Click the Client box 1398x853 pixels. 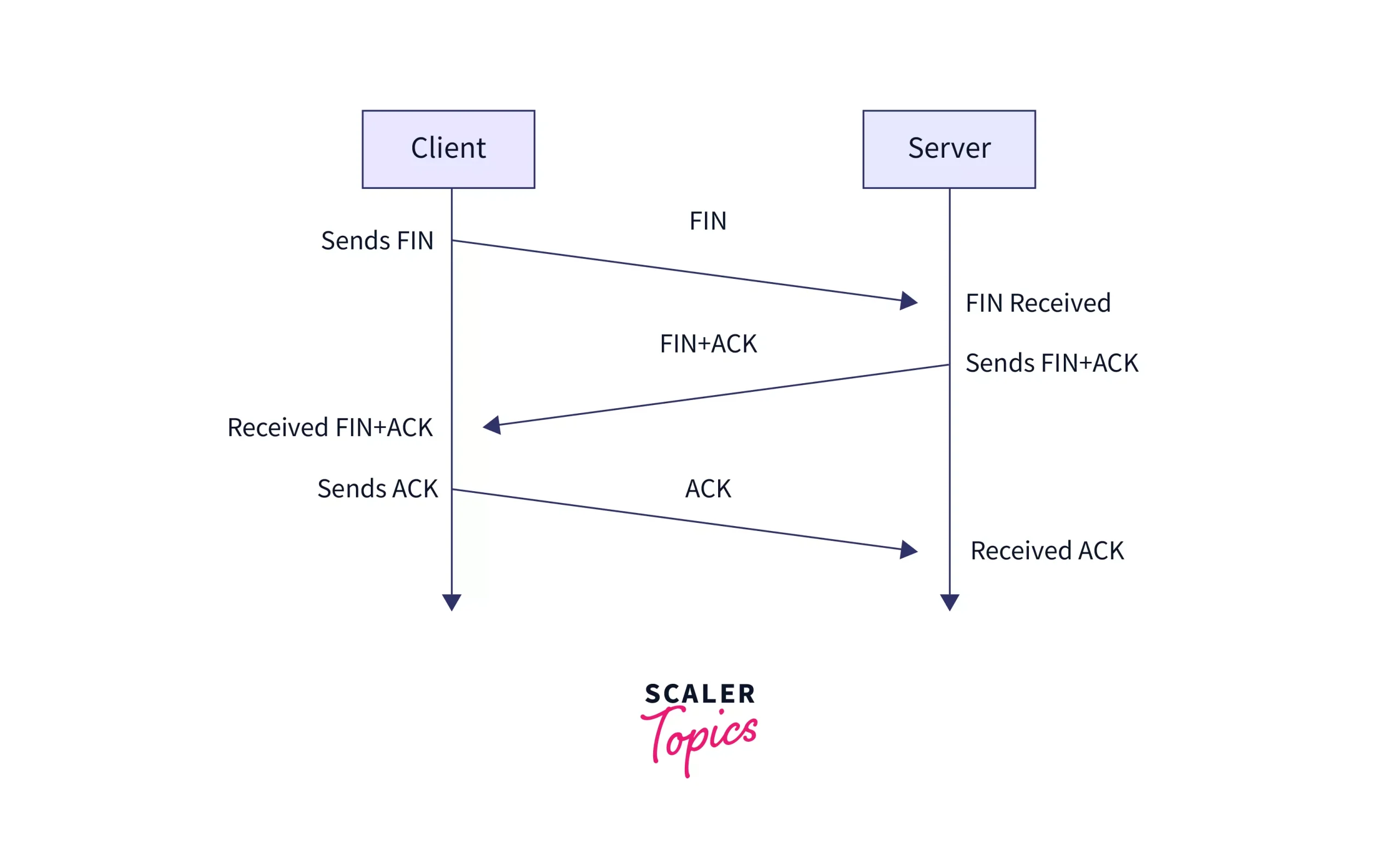[x=448, y=149]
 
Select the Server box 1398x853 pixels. [x=949, y=149]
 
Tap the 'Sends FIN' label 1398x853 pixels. [x=377, y=241]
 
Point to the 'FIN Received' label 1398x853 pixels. [x=1038, y=303]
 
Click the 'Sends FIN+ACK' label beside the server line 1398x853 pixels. [x=1051, y=363]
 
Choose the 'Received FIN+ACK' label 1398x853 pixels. [x=330, y=428]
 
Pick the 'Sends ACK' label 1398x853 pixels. [x=377, y=489]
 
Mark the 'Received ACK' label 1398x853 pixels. [x=1047, y=551]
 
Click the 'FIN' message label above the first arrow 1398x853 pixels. [x=708, y=220]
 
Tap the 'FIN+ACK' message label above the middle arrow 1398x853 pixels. [x=708, y=344]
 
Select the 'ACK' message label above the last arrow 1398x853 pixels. [x=708, y=489]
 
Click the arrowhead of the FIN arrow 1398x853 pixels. [x=908, y=301]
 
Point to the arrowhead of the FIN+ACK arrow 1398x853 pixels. [x=493, y=425]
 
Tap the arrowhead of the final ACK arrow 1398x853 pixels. [x=908, y=550]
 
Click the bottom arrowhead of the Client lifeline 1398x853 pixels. [x=452, y=602]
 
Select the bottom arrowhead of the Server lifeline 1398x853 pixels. [x=949, y=602]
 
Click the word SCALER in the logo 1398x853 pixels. [x=700, y=694]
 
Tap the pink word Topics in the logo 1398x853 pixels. [x=700, y=737]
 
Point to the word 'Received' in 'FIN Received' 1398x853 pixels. [x=1060, y=303]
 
